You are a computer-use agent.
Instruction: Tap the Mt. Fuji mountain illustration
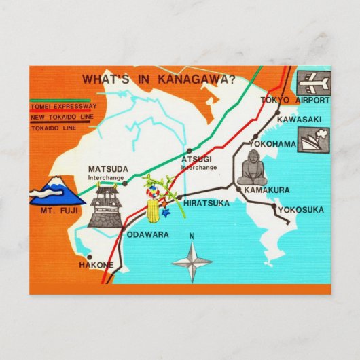tap(57, 190)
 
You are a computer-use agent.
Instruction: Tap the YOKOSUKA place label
tap(301, 209)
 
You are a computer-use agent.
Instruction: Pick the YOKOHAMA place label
tap(272, 144)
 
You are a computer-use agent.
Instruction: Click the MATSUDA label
tap(108, 170)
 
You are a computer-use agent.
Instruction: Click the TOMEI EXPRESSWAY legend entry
tap(62, 106)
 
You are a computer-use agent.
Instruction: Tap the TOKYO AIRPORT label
tap(295, 100)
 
